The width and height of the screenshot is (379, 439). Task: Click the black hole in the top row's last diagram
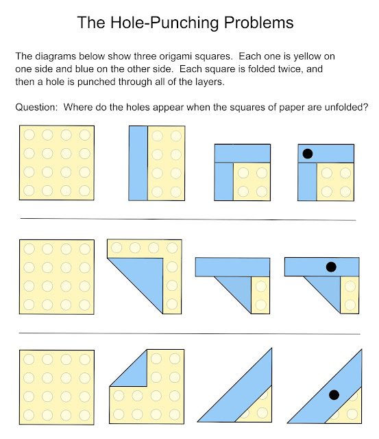pyautogui.click(x=308, y=154)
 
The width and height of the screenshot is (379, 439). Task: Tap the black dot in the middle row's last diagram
pyautogui.click(x=331, y=267)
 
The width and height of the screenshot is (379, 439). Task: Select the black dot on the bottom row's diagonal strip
pyautogui.click(x=334, y=394)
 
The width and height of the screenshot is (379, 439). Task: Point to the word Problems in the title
pyautogui.click(x=253, y=23)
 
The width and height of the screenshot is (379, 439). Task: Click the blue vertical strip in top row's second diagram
pyautogui.click(x=138, y=163)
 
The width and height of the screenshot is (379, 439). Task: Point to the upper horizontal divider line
pyautogui.click(x=188, y=219)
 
